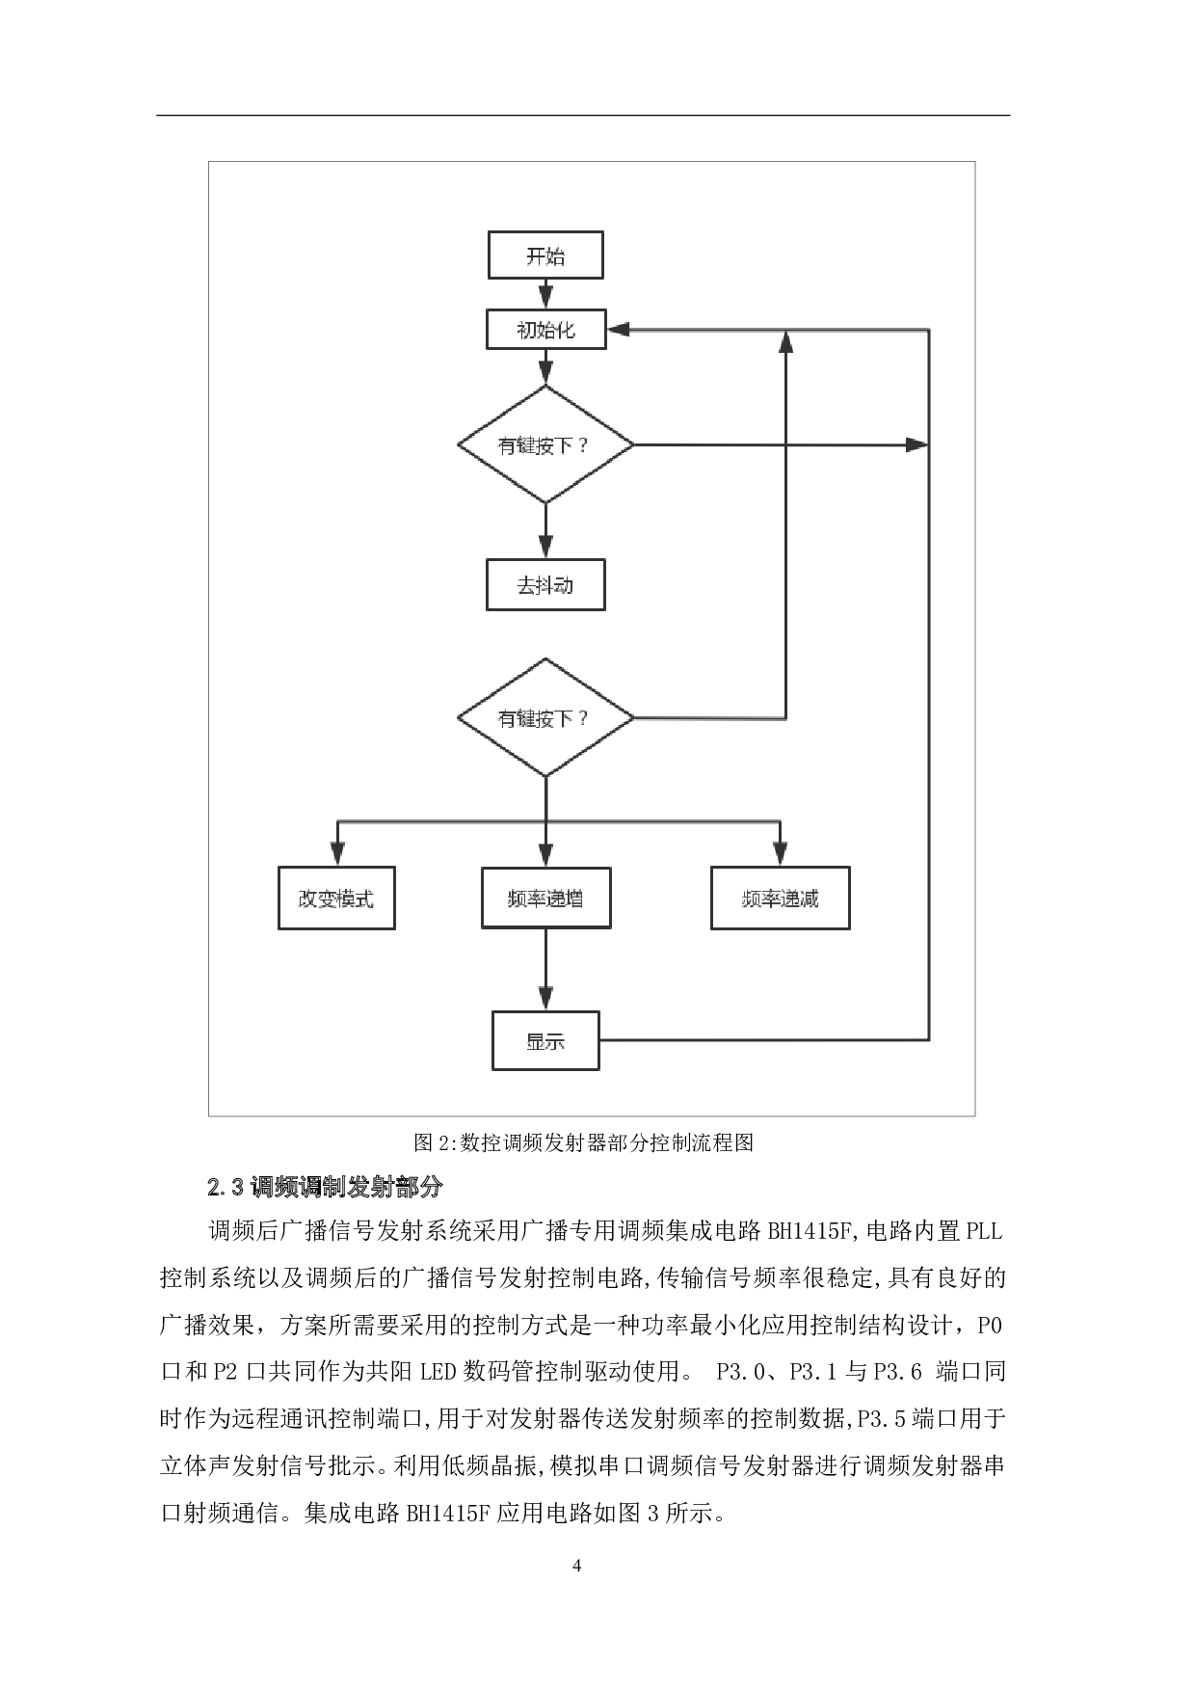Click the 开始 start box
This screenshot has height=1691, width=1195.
click(545, 256)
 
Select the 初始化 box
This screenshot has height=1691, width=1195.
click(545, 330)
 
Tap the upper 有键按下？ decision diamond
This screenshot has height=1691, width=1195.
click(545, 444)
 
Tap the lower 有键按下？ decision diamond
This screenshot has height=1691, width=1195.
click(545, 718)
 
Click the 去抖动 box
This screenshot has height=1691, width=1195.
click(545, 585)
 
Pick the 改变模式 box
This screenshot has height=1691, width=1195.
click(336, 899)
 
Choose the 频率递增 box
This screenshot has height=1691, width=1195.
click(545, 899)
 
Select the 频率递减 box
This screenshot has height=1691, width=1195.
click(780, 899)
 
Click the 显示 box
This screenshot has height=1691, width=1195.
click(545, 1041)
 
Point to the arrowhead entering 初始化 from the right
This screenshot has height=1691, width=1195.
click(618, 330)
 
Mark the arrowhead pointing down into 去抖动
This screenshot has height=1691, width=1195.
click(545, 546)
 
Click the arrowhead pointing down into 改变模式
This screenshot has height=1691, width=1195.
click(336, 853)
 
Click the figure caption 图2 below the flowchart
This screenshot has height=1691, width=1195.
click(583, 1143)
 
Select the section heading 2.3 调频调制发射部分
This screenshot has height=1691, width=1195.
click(325, 1188)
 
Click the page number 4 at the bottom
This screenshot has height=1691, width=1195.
click(577, 1566)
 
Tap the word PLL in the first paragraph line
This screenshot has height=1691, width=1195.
click(984, 1231)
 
